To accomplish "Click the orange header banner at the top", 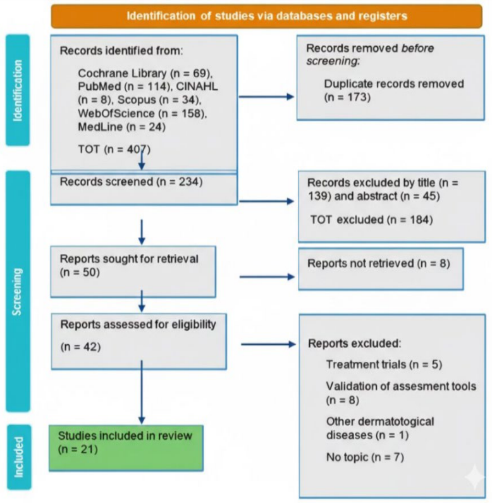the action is [x=266, y=16].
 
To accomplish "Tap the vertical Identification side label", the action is [x=18, y=90].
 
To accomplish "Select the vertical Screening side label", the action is [x=18, y=291].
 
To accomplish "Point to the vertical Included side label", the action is [x=19, y=457].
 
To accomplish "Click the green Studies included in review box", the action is [x=126, y=448].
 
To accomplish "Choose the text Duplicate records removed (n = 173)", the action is [x=394, y=90].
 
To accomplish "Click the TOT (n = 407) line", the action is [x=114, y=149].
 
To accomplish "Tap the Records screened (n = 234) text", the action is [x=131, y=182].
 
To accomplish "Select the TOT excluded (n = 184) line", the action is [x=371, y=220].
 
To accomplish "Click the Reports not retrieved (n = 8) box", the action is [x=381, y=269].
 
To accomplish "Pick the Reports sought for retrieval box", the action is [x=133, y=271].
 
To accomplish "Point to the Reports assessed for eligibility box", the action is [x=139, y=342].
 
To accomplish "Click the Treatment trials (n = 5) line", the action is [x=384, y=364].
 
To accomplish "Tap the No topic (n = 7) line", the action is [x=365, y=457].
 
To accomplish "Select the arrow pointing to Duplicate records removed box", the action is [x=266, y=97].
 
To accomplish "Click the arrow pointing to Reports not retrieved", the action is [x=267, y=276].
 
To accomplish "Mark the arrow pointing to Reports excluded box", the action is [x=268, y=344].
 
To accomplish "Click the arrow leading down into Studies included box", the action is [x=142, y=392].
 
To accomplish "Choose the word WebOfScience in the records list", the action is [x=116, y=113].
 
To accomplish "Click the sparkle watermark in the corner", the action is [x=475, y=477].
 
